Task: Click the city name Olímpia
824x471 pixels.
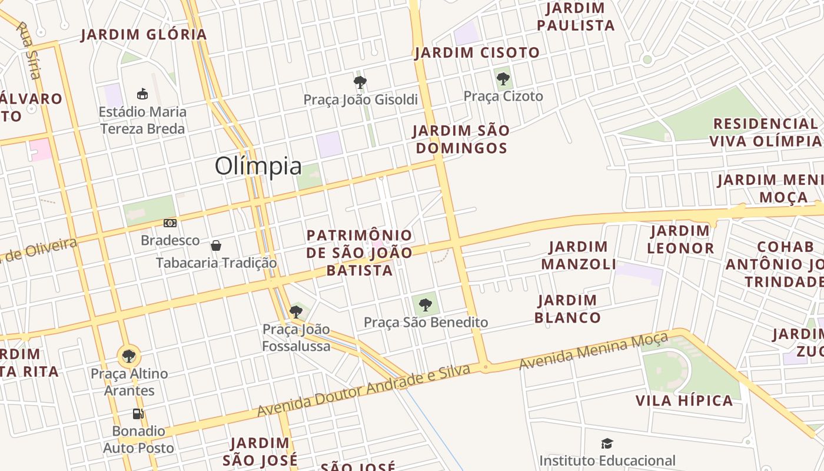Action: pos(258,167)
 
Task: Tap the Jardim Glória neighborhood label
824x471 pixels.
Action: pos(144,35)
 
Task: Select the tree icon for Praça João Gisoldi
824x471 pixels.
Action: pos(360,82)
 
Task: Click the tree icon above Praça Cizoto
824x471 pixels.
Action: pos(503,78)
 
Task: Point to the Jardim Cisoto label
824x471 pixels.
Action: pos(477,53)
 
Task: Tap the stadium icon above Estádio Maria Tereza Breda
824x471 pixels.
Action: pos(142,94)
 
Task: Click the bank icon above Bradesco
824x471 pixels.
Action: pos(170,223)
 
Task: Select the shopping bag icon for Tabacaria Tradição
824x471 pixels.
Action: pos(216,245)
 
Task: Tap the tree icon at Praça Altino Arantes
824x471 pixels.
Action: pos(128,356)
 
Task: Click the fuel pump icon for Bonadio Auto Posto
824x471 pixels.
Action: pos(138,414)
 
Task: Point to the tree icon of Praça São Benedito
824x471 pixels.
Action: pos(425,304)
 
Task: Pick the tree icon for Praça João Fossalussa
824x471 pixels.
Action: pos(296,311)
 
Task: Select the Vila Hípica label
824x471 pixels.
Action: pos(684,401)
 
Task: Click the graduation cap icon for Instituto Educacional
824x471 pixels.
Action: pos(607,443)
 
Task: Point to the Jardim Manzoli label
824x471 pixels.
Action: pos(578,256)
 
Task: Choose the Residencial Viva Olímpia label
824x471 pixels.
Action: pos(765,132)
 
